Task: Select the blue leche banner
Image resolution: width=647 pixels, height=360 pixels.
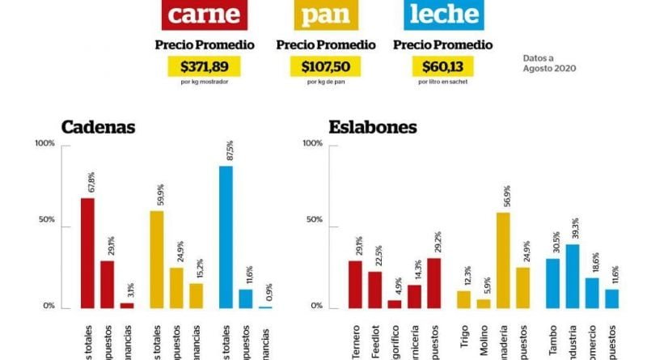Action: [442, 15]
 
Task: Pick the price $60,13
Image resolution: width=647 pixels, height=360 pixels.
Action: [442, 67]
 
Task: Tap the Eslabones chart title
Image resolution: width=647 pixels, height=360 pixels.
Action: [373, 127]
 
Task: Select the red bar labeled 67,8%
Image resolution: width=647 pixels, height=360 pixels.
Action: [87, 252]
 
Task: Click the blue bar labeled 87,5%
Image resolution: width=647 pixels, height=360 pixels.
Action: [226, 236]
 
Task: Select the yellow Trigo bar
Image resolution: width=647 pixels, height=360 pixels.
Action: [463, 299]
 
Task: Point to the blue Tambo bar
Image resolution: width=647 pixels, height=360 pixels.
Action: [553, 282]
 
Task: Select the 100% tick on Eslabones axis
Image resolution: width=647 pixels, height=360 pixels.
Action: [311, 143]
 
